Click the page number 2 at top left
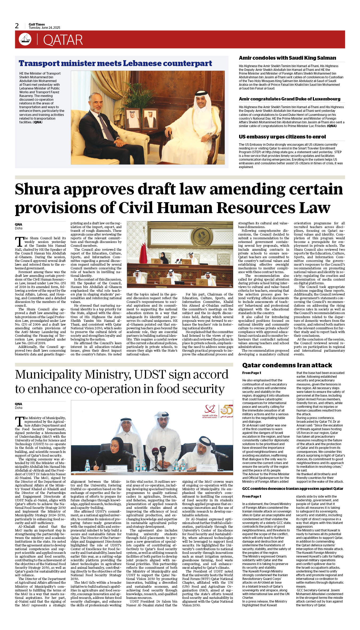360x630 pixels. (17, 26)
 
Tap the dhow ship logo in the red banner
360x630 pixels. (25, 39)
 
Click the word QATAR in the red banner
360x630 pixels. (63, 40)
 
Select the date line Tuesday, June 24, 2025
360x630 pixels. (45, 28)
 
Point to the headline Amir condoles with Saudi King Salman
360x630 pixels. (287, 58)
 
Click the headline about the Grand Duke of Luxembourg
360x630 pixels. (289, 99)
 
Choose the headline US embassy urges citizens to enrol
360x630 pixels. (282, 137)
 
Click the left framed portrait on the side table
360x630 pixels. (132, 119)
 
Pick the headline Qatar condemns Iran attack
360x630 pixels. (287, 365)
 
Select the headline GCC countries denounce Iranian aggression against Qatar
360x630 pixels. (293, 489)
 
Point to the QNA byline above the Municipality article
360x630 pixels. (18, 404)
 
